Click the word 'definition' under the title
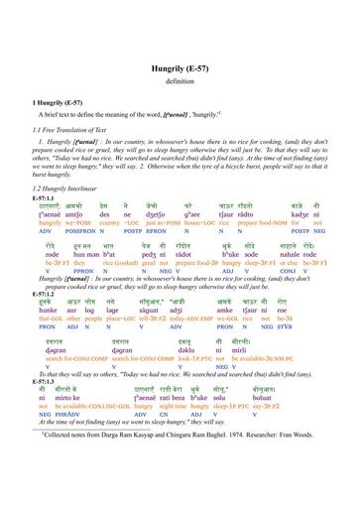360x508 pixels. click(x=180, y=54)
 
